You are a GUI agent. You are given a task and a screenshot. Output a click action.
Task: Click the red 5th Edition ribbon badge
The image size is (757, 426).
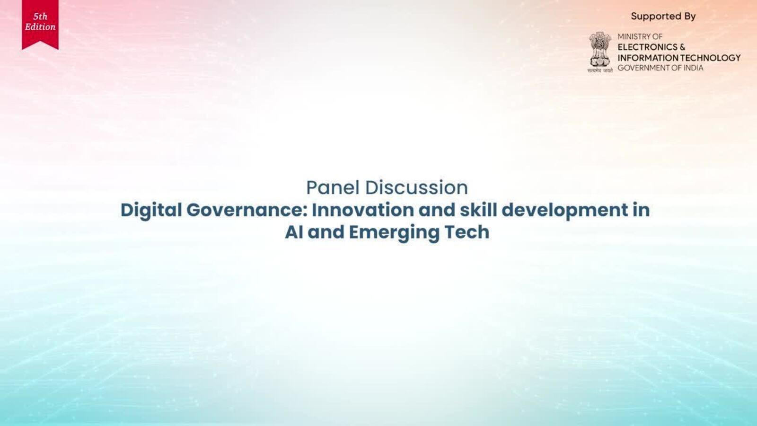coord(40,24)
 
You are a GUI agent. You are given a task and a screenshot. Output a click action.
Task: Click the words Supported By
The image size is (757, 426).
coord(663,16)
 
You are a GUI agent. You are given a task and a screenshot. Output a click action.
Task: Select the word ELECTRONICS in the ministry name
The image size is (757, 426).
coord(647,47)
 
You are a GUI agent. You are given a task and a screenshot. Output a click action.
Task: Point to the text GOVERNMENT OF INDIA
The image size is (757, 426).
coord(660,68)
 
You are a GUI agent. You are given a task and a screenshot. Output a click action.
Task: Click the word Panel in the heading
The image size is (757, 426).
coord(333,187)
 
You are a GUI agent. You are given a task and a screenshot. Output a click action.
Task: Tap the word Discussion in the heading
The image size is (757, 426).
coord(417,187)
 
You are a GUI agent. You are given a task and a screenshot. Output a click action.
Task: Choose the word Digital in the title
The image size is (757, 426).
coord(151,210)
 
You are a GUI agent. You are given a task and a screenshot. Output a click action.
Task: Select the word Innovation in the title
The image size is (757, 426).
coord(362,210)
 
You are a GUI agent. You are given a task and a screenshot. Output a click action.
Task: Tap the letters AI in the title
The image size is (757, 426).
coord(294,232)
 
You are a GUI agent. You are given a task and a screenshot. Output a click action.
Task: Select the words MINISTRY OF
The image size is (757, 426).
coord(640,36)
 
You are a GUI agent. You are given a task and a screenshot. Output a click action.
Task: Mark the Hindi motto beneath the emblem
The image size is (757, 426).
coord(600,71)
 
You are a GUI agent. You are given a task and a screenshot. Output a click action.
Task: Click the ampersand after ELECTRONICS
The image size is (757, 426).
coord(682,47)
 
